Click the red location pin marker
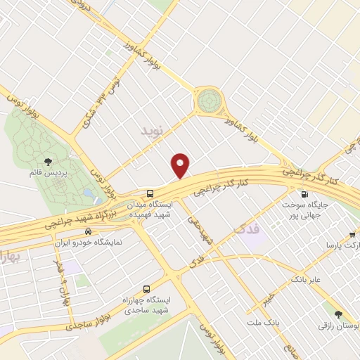pos(181,165)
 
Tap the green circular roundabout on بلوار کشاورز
pos(208,102)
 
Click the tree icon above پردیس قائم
pos(49,163)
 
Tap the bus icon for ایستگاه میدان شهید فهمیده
pos(150,193)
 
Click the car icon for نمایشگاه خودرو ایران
pos(88,231)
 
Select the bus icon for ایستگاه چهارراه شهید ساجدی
pos(146,289)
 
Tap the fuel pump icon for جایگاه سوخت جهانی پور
pos(304,194)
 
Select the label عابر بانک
pos(307,280)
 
